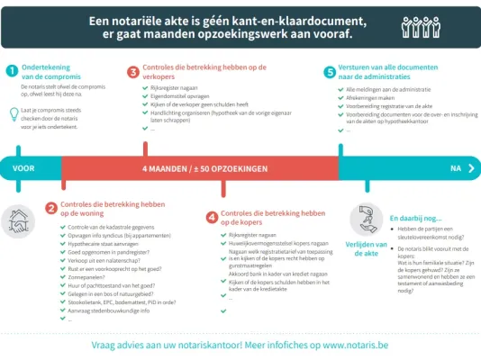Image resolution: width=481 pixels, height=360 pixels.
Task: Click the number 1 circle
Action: [11, 71]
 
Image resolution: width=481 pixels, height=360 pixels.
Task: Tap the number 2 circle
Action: [50, 209]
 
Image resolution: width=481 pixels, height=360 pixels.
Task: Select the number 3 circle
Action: [133, 71]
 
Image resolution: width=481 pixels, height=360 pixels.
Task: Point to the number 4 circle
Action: [212, 217]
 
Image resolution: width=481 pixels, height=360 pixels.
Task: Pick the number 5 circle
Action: [330, 71]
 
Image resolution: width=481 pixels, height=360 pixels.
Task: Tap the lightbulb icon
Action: [11, 112]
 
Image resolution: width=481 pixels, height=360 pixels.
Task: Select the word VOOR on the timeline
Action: [25, 168]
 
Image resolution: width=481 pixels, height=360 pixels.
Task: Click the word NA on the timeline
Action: [456, 168]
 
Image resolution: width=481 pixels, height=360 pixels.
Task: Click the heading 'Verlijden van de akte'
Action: [366, 248]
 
